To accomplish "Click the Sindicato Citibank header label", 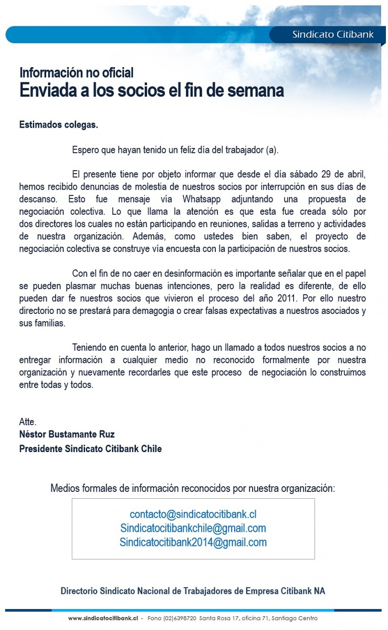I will pos(333,35).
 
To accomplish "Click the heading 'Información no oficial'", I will pos(76,72).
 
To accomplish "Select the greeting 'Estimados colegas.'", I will pos(58,125).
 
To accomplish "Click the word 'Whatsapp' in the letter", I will pos(202,199).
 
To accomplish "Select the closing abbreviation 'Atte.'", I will pos(27,422).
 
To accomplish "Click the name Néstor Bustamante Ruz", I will pos(67,434).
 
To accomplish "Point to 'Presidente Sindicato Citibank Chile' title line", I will pos(90,449).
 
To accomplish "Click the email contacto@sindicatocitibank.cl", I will pos(193,514).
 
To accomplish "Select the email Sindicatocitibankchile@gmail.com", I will pos(193,528).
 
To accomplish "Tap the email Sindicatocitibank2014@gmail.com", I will pos(193,542).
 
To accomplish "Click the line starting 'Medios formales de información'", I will pos(193,488).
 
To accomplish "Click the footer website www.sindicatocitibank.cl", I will pos(103,618).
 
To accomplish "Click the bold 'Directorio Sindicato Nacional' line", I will pos(193,591).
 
